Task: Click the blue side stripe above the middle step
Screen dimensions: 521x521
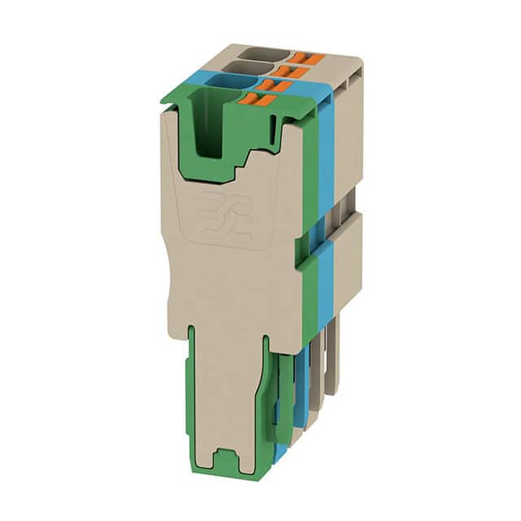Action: pyautogui.click(x=326, y=163)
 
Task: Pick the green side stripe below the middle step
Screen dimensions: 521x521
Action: pyautogui.click(x=309, y=301)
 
